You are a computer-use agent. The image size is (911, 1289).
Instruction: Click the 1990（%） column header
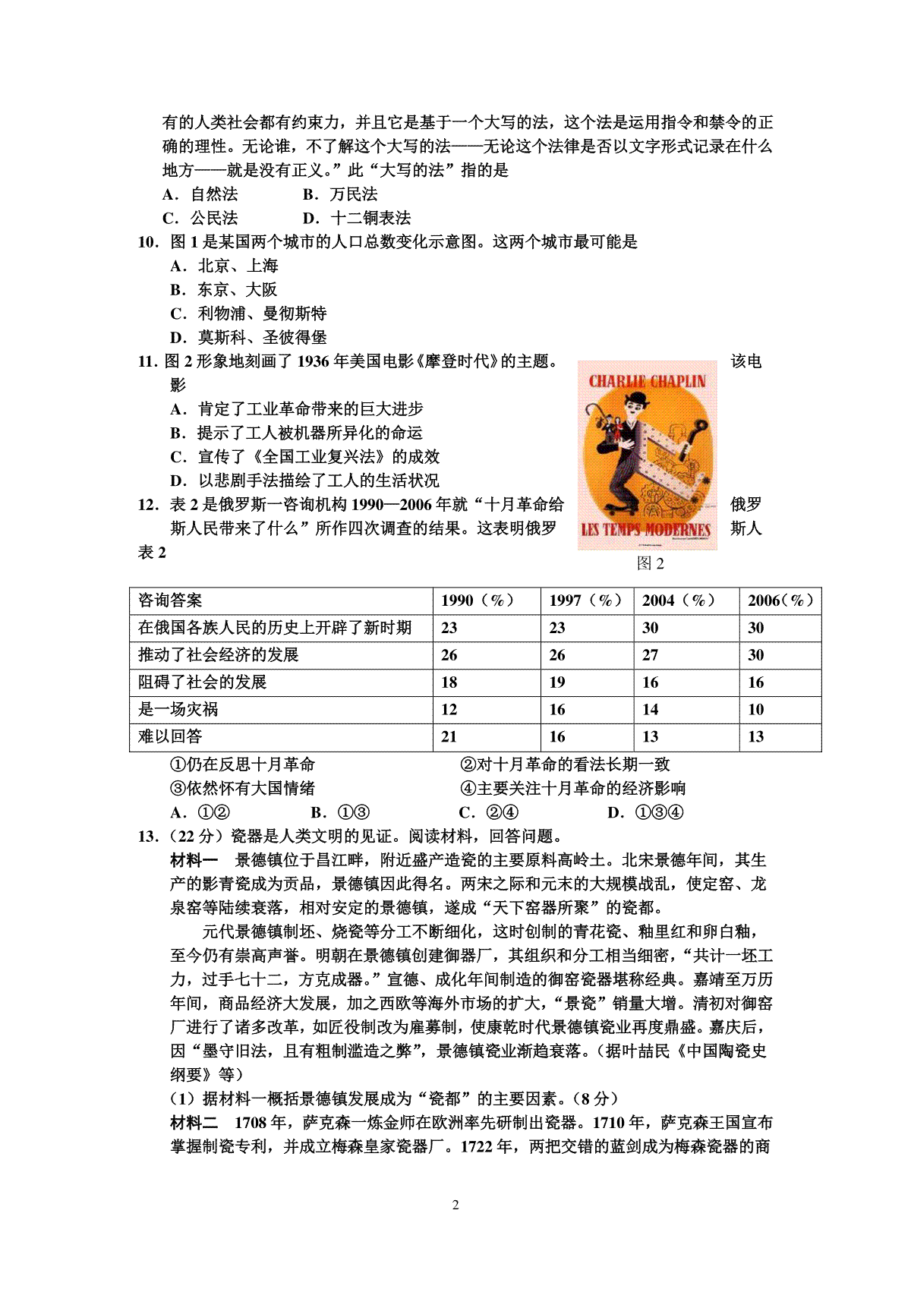tap(478, 600)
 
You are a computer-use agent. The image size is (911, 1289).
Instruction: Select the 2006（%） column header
tap(780, 600)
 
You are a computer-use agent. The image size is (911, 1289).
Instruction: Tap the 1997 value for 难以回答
tap(557, 736)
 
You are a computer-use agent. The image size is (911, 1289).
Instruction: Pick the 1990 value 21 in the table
tap(449, 736)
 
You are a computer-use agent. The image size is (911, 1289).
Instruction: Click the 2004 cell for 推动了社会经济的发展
tap(651, 655)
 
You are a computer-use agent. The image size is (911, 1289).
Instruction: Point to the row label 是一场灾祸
tap(178, 709)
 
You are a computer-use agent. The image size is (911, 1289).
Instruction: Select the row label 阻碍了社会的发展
tap(203, 682)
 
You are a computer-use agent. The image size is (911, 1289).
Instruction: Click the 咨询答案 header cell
tap(170, 600)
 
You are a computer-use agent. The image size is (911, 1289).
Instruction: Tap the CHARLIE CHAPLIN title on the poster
tap(648, 381)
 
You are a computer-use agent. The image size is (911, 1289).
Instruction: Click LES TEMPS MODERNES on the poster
tap(646, 530)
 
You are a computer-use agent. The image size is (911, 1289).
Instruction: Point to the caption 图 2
tap(651, 563)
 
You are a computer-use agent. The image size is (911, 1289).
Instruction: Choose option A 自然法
tap(201, 194)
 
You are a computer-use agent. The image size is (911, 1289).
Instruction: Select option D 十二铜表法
tap(358, 219)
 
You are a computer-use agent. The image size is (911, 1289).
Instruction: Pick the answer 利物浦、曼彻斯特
tap(250, 314)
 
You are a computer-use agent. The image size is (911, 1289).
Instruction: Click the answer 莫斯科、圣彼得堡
tap(250, 338)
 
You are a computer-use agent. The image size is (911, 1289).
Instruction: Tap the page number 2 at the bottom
tap(455, 1205)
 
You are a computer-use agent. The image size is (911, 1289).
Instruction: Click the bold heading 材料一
tap(194, 860)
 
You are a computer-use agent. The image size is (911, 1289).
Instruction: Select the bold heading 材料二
tap(194, 1123)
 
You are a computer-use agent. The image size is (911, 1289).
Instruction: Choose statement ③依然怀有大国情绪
tap(241, 788)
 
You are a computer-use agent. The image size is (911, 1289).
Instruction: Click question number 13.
tap(148, 837)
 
